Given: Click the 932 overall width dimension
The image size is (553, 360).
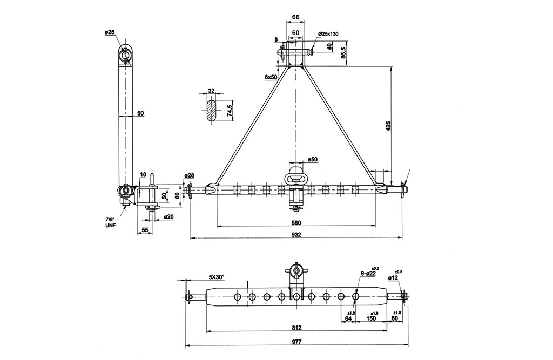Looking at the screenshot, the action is click(296, 234).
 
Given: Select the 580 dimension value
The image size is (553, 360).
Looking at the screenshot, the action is click(296, 222).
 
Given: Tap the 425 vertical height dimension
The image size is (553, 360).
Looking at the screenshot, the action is click(388, 126).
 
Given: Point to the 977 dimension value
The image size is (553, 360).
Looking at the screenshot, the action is click(296, 342).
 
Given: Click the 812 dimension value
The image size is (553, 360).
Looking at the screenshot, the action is click(296, 328).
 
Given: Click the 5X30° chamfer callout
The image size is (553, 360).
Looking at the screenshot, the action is click(216, 277).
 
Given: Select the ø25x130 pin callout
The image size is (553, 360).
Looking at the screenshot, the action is click(328, 33).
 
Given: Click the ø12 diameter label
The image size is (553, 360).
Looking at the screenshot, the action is click(393, 278).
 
